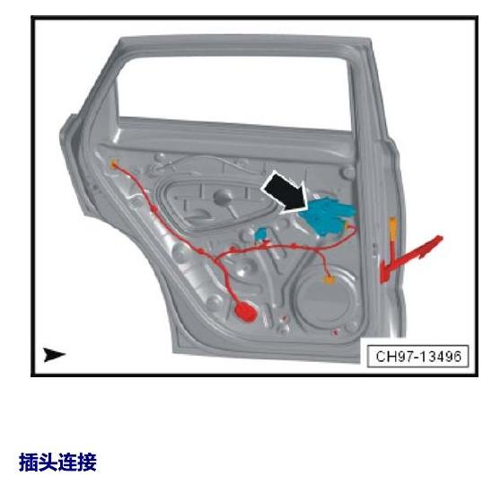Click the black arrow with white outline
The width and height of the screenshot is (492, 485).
tap(286, 193)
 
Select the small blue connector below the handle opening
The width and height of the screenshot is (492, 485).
tap(260, 234)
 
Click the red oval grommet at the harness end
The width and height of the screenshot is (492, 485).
tap(246, 312)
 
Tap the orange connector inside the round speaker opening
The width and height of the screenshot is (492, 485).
tap(329, 279)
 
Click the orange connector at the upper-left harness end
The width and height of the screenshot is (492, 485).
tap(114, 163)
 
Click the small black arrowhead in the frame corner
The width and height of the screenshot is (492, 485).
tap(54, 355)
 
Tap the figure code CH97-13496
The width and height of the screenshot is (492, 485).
tap(418, 357)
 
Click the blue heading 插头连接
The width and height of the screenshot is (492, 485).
tap(57, 462)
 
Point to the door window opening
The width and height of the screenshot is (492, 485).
tap(233, 90)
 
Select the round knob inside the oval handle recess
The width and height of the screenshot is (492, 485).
tap(223, 197)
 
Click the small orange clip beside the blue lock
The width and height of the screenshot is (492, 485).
tap(347, 226)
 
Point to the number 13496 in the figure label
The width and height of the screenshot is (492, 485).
tap(438, 357)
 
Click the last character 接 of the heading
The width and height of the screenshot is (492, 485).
tap(87, 462)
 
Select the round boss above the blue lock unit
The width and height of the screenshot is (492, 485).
tap(348, 172)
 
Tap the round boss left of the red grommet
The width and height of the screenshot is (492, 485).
tap(215, 303)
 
